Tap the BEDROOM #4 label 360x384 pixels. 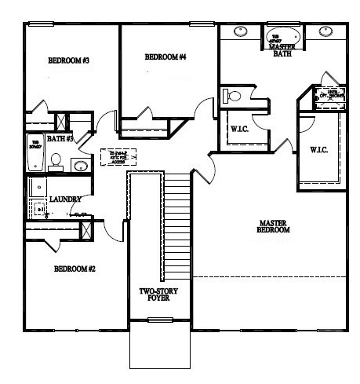[x=165, y=57]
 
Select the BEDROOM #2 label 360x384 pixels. [x=75, y=269]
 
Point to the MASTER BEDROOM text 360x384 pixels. [x=275, y=227]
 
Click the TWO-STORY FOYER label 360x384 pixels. [x=159, y=295]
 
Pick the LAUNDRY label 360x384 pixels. [x=65, y=199]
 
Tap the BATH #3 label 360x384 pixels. [x=60, y=139]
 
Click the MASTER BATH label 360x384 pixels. [x=282, y=50]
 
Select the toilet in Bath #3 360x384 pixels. [x=55, y=161]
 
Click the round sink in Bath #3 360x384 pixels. [x=80, y=166]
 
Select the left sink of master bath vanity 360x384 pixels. [x=241, y=33]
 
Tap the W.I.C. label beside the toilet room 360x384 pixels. [x=239, y=128]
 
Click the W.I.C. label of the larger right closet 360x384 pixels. [x=318, y=149]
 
